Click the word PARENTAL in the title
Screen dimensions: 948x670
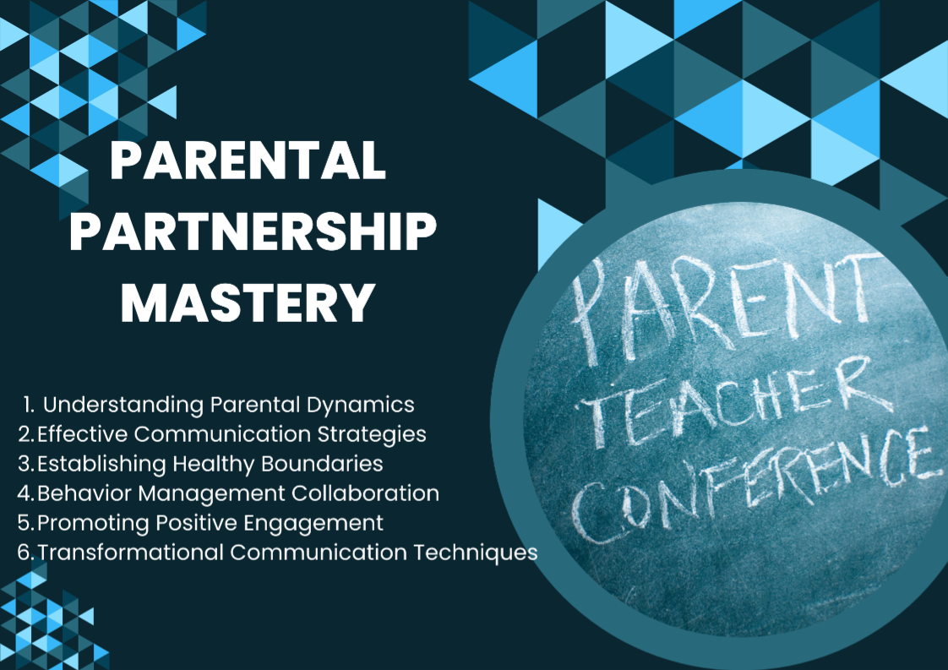(248, 161)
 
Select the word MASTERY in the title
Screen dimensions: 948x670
(248, 302)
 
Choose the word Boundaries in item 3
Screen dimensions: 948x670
(322, 464)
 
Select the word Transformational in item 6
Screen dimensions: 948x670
(131, 553)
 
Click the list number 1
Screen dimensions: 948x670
(29, 405)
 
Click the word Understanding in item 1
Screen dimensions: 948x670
(123, 406)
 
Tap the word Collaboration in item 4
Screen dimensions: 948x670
(365, 493)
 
